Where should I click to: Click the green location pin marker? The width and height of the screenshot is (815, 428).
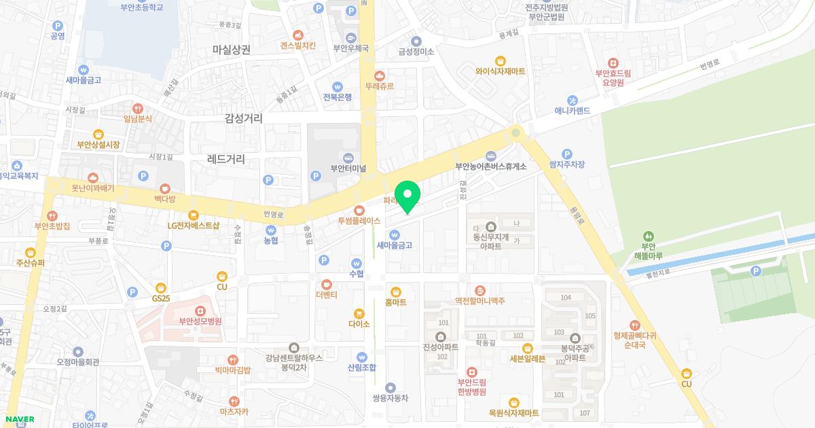pos(407,196)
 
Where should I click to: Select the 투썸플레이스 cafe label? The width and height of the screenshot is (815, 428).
pos(359,221)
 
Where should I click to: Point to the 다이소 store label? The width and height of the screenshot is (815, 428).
pos(359,324)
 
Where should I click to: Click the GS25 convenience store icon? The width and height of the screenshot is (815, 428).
pos(160,287)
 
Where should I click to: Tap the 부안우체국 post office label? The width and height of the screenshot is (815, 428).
pos(350,48)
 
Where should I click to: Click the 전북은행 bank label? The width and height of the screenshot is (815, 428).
pos(338,97)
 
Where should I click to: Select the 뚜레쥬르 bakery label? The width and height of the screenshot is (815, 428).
pos(380,86)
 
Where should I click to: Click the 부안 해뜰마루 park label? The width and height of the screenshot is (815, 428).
pos(648,251)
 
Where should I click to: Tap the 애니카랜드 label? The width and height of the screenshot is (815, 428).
pos(573,110)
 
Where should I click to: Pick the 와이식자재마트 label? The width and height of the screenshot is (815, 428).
pos(501,71)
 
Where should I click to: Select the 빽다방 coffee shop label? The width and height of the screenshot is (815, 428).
pos(164,198)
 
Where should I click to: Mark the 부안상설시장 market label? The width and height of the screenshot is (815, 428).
pos(98,145)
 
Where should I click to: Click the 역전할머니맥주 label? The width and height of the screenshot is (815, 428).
pos(480,300)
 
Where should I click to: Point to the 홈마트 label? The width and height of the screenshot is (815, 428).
pos(395,302)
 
